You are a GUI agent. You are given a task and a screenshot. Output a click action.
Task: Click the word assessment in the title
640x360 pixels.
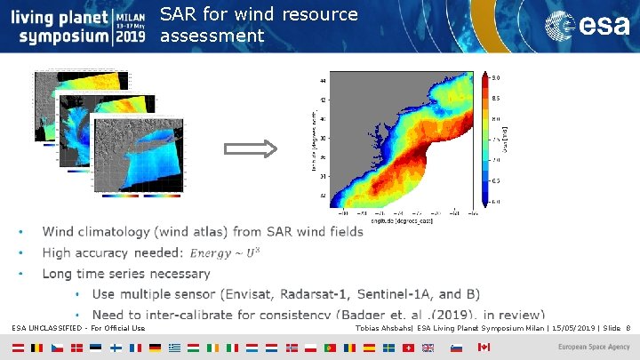point(212,36)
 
